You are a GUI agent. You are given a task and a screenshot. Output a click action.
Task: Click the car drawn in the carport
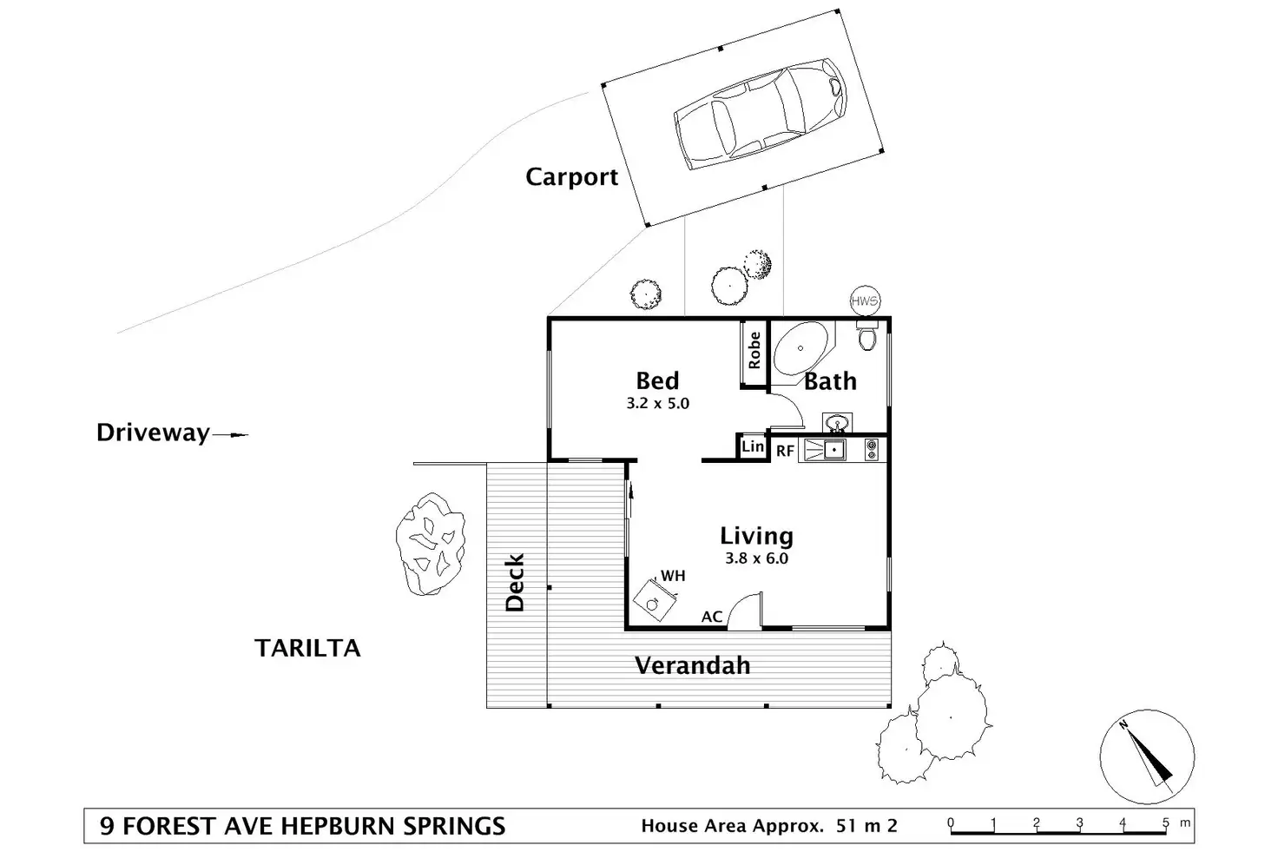(759, 114)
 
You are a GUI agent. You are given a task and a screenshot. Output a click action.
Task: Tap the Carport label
(571, 177)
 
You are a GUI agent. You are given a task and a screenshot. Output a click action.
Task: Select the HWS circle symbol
(865, 301)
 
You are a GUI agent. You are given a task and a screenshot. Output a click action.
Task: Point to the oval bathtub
(800, 349)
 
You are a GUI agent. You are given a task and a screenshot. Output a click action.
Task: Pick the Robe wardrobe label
(754, 350)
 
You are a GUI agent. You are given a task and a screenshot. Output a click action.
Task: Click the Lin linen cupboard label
(752, 446)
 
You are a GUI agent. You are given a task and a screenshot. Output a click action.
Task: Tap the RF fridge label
(785, 451)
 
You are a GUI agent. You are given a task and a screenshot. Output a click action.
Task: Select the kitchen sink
(833, 449)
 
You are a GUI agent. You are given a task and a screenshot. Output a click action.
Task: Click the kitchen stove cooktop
(872, 449)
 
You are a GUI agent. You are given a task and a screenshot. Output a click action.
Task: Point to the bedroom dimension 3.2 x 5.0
(657, 403)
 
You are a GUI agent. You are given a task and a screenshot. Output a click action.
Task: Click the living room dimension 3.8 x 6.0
(756, 558)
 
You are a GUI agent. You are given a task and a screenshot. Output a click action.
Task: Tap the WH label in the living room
(673, 576)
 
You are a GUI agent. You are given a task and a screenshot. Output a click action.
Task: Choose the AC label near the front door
(712, 617)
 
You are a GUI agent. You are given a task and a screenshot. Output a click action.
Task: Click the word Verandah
(692, 666)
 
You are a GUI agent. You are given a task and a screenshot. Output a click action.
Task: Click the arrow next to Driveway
(230, 434)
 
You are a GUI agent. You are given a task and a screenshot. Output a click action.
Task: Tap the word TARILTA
(307, 648)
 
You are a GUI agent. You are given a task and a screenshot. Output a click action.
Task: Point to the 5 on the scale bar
(1165, 822)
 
